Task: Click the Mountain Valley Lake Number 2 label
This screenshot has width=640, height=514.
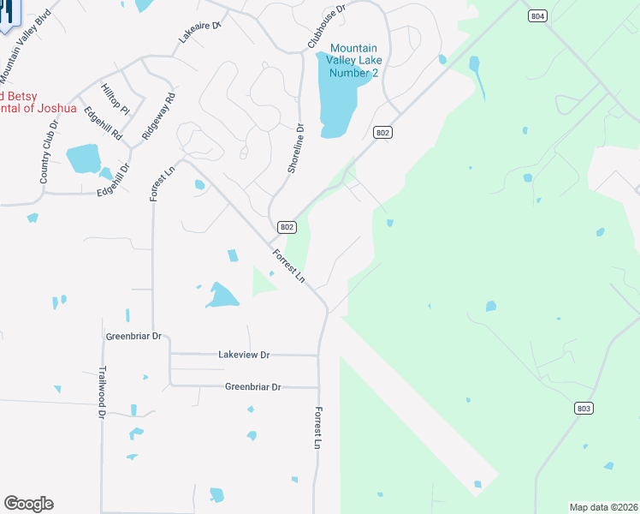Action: point(353,61)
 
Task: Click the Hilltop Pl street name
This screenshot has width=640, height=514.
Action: point(115,99)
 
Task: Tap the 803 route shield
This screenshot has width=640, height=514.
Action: point(584,409)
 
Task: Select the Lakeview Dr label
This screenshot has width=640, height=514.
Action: point(244,354)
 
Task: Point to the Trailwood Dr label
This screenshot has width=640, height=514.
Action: point(101,391)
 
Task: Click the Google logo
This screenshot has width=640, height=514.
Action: point(28,504)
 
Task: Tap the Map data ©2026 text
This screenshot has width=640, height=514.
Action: point(602,507)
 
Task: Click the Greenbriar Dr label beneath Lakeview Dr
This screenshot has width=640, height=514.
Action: point(252,386)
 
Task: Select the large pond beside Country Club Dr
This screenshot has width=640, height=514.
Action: point(83,158)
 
